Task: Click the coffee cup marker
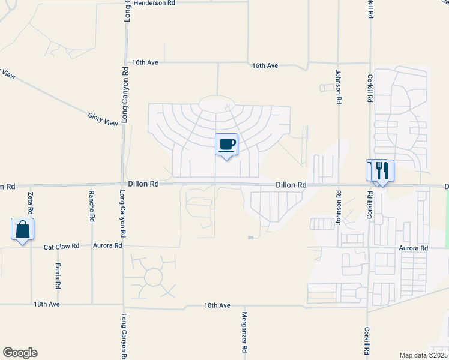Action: pyautogui.click(x=226, y=145)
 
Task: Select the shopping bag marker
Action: pyautogui.click(x=22, y=229)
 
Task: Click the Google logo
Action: pyautogui.click(x=20, y=353)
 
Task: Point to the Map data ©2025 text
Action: pyautogui.click(x=424, y=355)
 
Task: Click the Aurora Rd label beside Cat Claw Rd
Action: pyautogui.click(x=108, y=245)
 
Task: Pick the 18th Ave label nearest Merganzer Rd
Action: pyautogui.click(x=217, y=305)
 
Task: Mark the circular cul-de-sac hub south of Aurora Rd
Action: pyautogui.click(x=154, y=277)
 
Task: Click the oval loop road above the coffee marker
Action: pyautogui.click(x=218, y=104)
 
